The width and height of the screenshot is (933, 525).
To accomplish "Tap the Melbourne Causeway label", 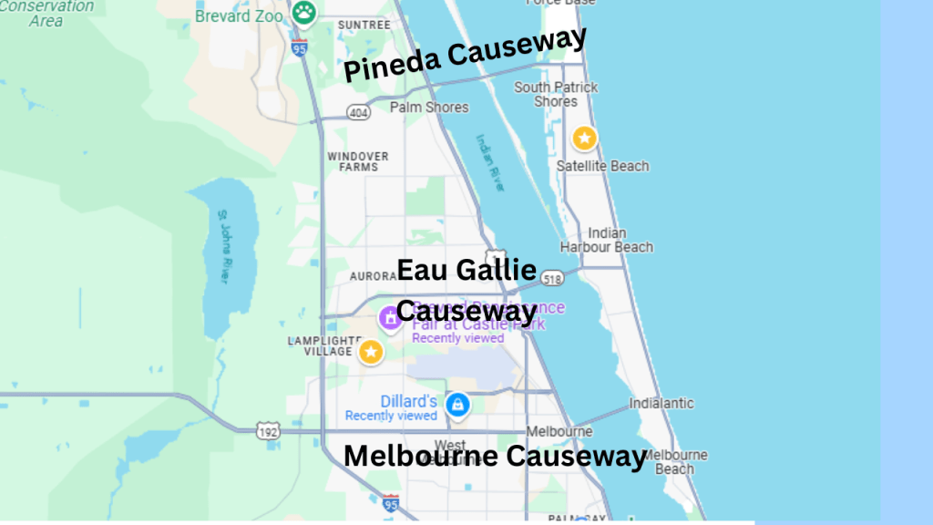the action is point(495,456).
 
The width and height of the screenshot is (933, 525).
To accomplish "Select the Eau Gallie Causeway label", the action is point(466,290).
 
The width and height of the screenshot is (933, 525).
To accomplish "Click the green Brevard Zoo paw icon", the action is point(303,13).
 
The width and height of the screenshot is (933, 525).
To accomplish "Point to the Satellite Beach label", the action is point(603,166).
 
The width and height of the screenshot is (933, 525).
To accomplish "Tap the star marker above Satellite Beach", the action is point(584,139).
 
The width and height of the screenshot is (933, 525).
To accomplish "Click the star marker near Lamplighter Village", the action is point(371,352).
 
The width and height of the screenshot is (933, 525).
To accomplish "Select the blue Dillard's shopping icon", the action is point(457,404).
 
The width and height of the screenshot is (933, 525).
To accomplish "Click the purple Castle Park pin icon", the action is point(389,317).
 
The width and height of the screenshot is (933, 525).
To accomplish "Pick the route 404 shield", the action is point(357,112).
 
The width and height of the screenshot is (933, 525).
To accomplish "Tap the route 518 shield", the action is point(550,279).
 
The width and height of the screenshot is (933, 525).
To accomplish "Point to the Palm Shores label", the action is point(429,108).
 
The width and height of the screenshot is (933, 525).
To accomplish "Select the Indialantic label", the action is point(661,403).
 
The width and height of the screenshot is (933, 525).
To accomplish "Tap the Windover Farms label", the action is point(358,161).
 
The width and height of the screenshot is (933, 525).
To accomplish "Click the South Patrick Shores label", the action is point(556,94).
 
